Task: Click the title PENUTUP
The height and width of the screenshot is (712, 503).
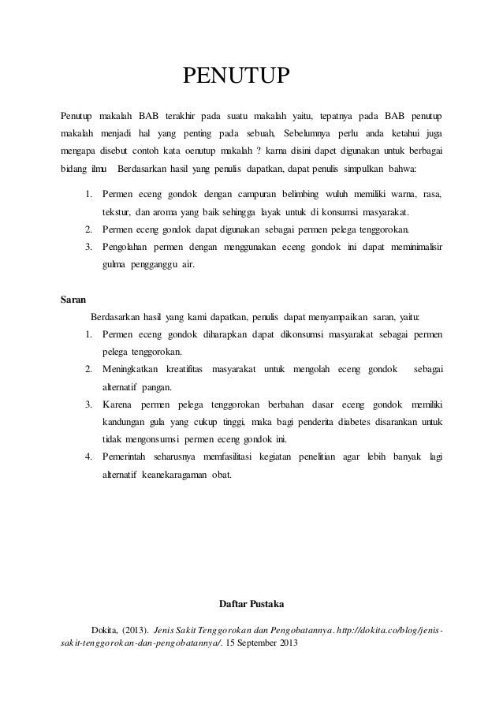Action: coord(237,76)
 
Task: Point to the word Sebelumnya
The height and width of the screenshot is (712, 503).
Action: coord(312,129)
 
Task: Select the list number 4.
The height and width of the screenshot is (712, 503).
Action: coord(88,457)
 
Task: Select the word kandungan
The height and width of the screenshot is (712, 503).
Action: coord(124,422)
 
